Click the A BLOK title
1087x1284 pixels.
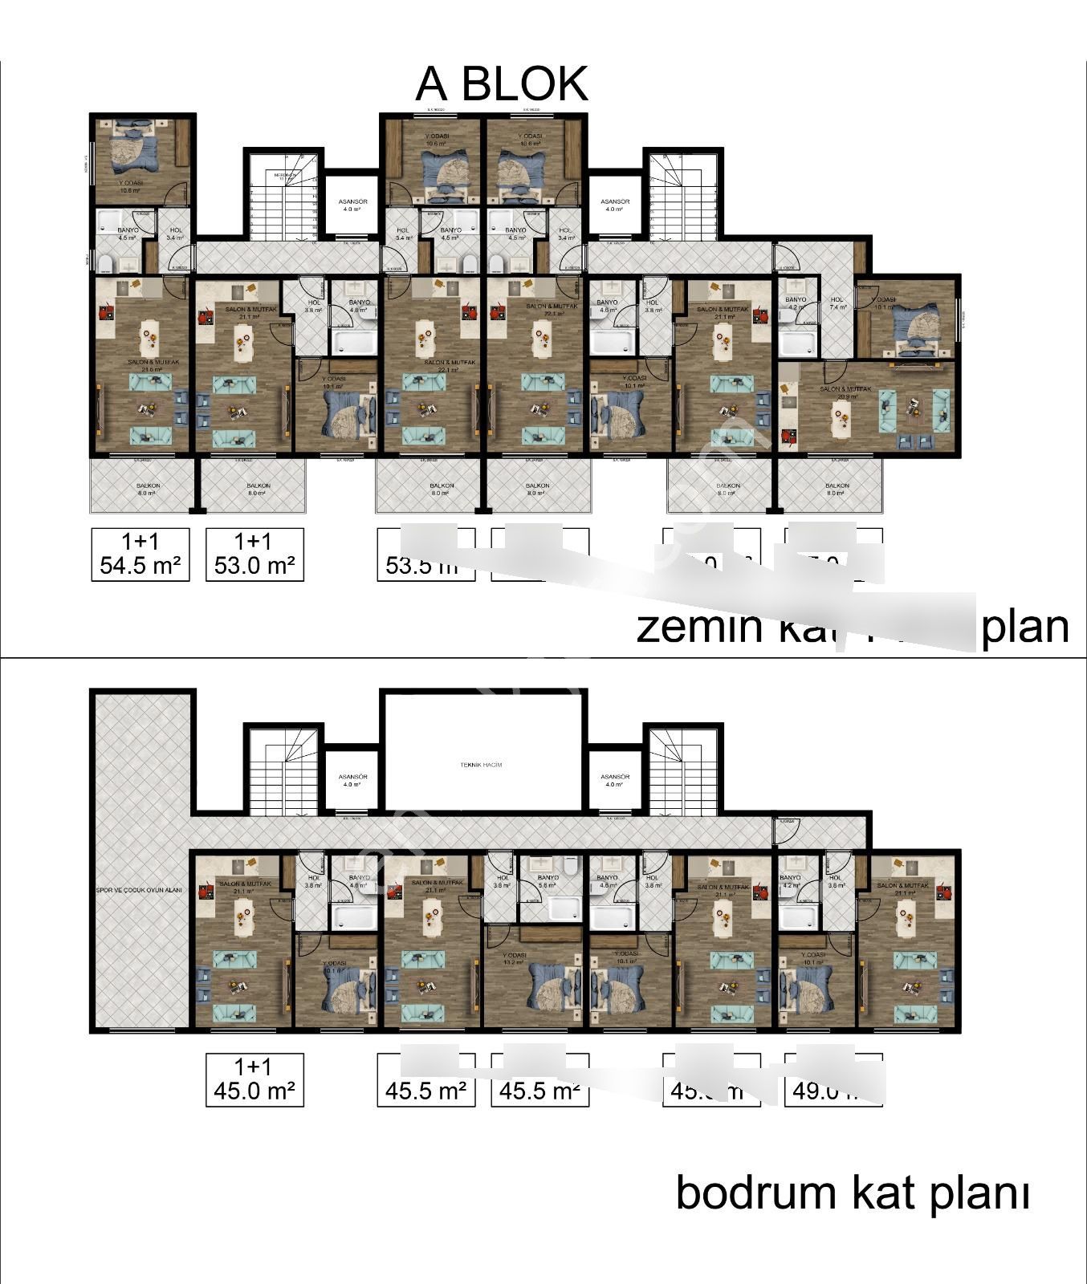(501, 83)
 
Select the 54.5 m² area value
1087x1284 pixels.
(140, 566)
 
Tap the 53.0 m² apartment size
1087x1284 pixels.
(255, 566)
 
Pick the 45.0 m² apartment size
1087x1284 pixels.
(255, 1091)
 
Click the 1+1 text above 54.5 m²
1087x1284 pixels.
(140, 542)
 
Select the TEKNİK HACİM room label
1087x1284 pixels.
(481, 765)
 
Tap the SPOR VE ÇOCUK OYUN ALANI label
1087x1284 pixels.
(139, 891)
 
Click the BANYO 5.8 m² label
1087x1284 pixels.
(548, 881)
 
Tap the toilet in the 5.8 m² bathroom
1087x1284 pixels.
(571, 866)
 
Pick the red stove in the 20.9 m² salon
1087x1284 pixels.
(786, 437)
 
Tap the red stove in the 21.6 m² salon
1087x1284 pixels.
(104, 311)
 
